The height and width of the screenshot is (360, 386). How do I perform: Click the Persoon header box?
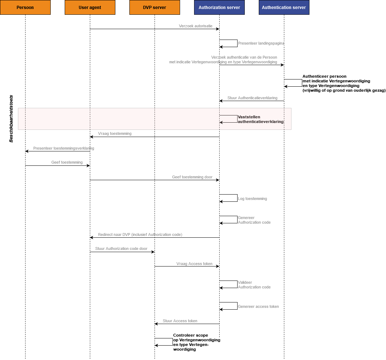click(26, 8)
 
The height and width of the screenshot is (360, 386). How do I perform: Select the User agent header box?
click(90, 8)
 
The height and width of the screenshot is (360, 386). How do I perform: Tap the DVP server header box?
click(155, 8)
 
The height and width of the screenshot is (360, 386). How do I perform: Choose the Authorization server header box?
click(219, 8)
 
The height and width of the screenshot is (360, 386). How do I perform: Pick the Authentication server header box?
click(284, 8)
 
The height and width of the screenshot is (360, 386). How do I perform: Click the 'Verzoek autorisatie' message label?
click(196, 26)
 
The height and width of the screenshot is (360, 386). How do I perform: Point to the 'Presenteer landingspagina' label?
click(261, 44)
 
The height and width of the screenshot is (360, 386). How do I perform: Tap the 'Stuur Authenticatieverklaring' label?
click(252, 98)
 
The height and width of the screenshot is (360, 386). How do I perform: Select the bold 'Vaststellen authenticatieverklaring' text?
click(261, 119)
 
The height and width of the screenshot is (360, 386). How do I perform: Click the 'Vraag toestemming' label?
click(115, 133)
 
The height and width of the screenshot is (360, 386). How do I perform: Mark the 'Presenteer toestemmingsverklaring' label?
click(64, 148)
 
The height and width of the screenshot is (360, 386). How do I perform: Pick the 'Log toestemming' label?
click(252, 199)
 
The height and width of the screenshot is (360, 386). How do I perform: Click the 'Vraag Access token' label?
click(194, 264)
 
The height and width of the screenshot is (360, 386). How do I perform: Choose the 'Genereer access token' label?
click(258, 306)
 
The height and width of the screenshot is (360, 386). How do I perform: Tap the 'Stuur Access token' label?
click(180, 321)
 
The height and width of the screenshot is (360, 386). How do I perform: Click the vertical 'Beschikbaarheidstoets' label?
click(11, 119)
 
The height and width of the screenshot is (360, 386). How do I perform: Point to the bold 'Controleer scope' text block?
click(197, 342)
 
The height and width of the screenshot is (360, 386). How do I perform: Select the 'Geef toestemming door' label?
click(192, 177)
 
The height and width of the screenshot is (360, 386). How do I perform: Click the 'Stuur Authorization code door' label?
click(121, 249)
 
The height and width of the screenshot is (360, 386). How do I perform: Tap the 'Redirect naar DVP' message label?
click(140, 234)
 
